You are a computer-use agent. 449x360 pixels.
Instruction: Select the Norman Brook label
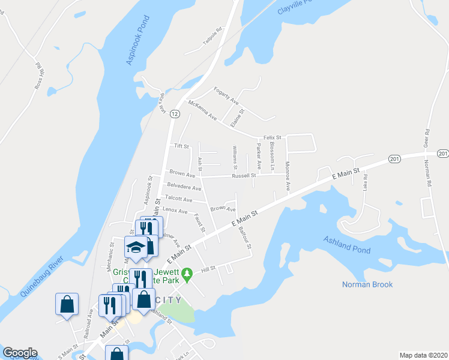(367, 284)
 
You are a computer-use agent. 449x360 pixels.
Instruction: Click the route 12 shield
(174, 113)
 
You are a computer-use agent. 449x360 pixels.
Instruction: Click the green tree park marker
(187, 274)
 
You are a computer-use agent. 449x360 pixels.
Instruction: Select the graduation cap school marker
(136, 247)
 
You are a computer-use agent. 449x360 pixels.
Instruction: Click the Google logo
(20, 353)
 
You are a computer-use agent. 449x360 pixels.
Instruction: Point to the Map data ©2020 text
(423, 355)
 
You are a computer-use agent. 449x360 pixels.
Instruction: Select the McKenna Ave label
(202, 110)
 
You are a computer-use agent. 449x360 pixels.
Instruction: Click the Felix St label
(273, 137)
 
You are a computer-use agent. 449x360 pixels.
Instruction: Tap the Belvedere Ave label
(184, 188)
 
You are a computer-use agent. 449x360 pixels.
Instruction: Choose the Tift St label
(181, 146)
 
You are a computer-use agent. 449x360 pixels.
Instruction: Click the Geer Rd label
(427, 139)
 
